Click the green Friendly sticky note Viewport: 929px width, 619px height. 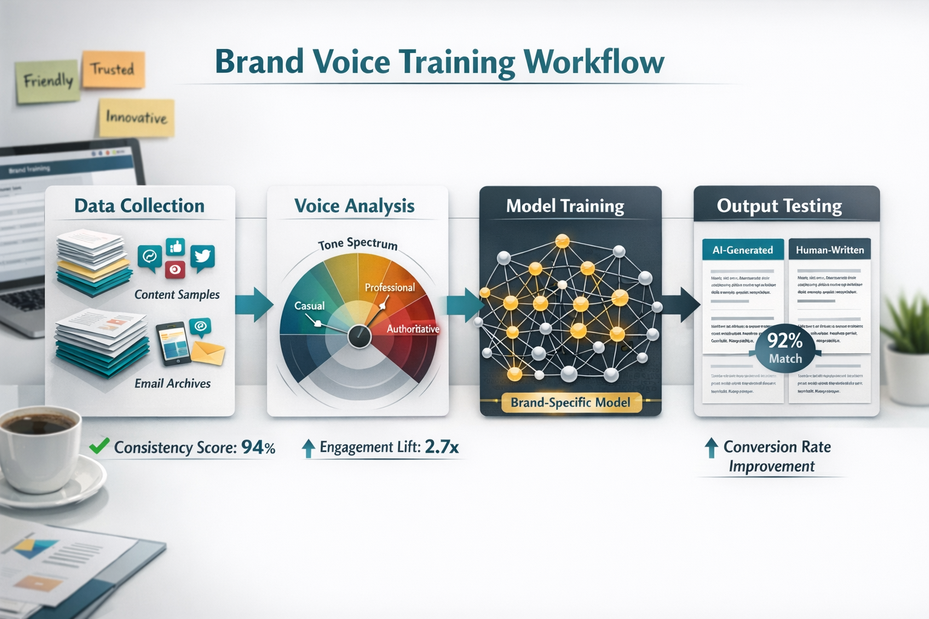pyautogui.click(x=48, y=80)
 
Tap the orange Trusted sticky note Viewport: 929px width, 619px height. pyautogui.click(x=113, y=69)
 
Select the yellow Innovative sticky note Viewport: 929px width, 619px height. pyautogui.click(x=137, y=117)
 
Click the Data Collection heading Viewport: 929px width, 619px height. pyautogui.click(x=139, y=206)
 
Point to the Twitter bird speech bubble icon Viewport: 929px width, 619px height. pyautogui.click(x=202, y=257)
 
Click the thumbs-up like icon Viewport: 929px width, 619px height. pyautogui.click(x=176, y=247)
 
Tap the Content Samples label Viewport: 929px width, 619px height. pyautogui.click(x=177, y=294)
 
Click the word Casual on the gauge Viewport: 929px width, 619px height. pyautogui.click(x=309, y=306)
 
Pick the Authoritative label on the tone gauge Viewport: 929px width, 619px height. pyautogui.click(x=413, y=329)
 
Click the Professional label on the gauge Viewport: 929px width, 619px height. pyautogui.click(x=390, y=287)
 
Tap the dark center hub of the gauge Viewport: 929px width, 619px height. pyautogui.click(x=359, y=336)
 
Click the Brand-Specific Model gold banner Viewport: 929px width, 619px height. pyautogui.click(x=570, y=403)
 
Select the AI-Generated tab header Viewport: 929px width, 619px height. pyautogui.click(x=743, y=250)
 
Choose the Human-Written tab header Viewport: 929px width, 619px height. pyautogui.click(x=830, y=250)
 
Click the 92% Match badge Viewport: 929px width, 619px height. pyautogui.click(x=785, y=348)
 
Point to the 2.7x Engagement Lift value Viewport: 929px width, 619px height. pyautogui.click(x=442, y=447)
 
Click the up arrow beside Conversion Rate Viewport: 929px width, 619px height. pyautogui.click(x=711, y=447)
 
